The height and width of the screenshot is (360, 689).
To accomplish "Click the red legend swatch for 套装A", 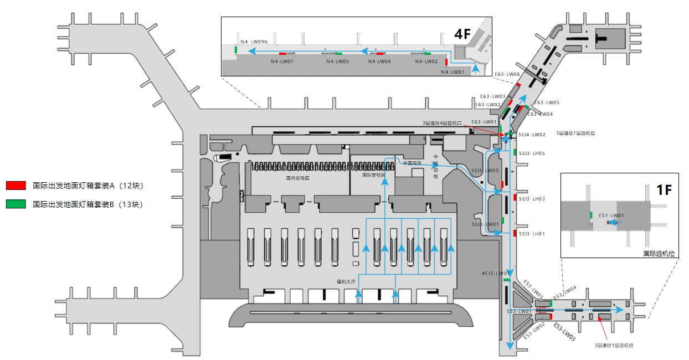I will coord(16,186).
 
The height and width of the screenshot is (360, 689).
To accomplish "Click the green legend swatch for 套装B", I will coord(16,204).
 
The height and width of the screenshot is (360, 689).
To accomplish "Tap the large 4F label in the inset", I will coord(462,34).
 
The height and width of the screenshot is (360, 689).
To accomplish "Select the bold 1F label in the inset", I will coord(664,190).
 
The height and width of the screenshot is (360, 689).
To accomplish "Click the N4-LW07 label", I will coord(282,61).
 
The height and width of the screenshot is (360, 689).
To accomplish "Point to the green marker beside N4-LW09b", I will coord(236,50).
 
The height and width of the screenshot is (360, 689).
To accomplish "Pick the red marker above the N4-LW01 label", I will coord(446,63).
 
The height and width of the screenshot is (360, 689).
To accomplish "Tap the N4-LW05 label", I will coord(337,61).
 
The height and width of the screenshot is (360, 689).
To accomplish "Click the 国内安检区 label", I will coord(297,178).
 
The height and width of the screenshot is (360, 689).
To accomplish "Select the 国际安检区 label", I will coord(373,175).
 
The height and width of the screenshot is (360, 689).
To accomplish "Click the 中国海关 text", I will coord(412,163).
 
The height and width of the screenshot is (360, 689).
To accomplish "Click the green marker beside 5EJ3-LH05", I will coord(515,153).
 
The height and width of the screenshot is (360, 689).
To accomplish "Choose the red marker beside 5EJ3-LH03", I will coord(515,198).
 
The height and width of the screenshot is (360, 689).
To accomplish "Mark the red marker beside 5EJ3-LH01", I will coord(515,233).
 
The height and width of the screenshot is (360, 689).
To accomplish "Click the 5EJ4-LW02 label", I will coord(532,135).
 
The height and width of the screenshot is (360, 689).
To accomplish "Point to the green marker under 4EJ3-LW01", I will coord(506,280).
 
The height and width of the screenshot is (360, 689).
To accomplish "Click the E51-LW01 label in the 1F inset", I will coord(611,215).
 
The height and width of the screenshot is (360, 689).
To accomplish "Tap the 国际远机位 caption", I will coord(659,254).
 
